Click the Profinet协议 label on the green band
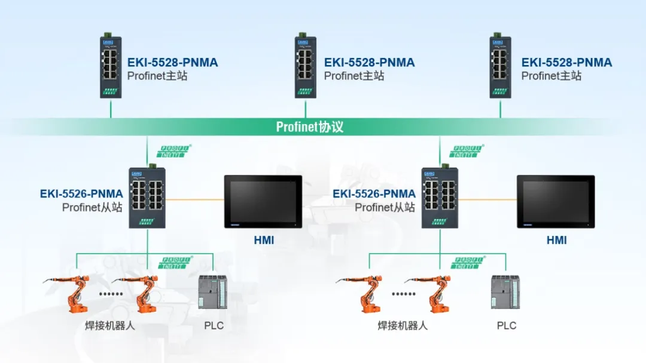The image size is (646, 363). (310, 127)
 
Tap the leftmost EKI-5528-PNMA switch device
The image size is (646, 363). (111, 67)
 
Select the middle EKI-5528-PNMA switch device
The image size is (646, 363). (306, 67)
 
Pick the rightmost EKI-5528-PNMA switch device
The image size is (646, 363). (500, 67)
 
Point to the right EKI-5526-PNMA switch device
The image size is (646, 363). (440, 198)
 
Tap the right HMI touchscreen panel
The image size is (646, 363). (556, 201)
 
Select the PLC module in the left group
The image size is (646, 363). (214, 293)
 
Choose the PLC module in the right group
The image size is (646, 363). (506, 293)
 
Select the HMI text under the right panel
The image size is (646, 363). (556, 241)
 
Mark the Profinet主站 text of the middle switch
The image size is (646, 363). (354, 76)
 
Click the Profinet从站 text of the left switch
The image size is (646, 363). (92, 207)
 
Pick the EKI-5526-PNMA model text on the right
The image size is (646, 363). (374, 194)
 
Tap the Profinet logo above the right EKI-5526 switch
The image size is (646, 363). (467, 151)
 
